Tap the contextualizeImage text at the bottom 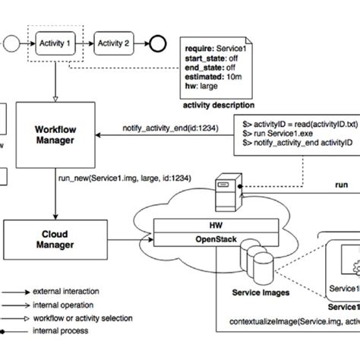[292, 322]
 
